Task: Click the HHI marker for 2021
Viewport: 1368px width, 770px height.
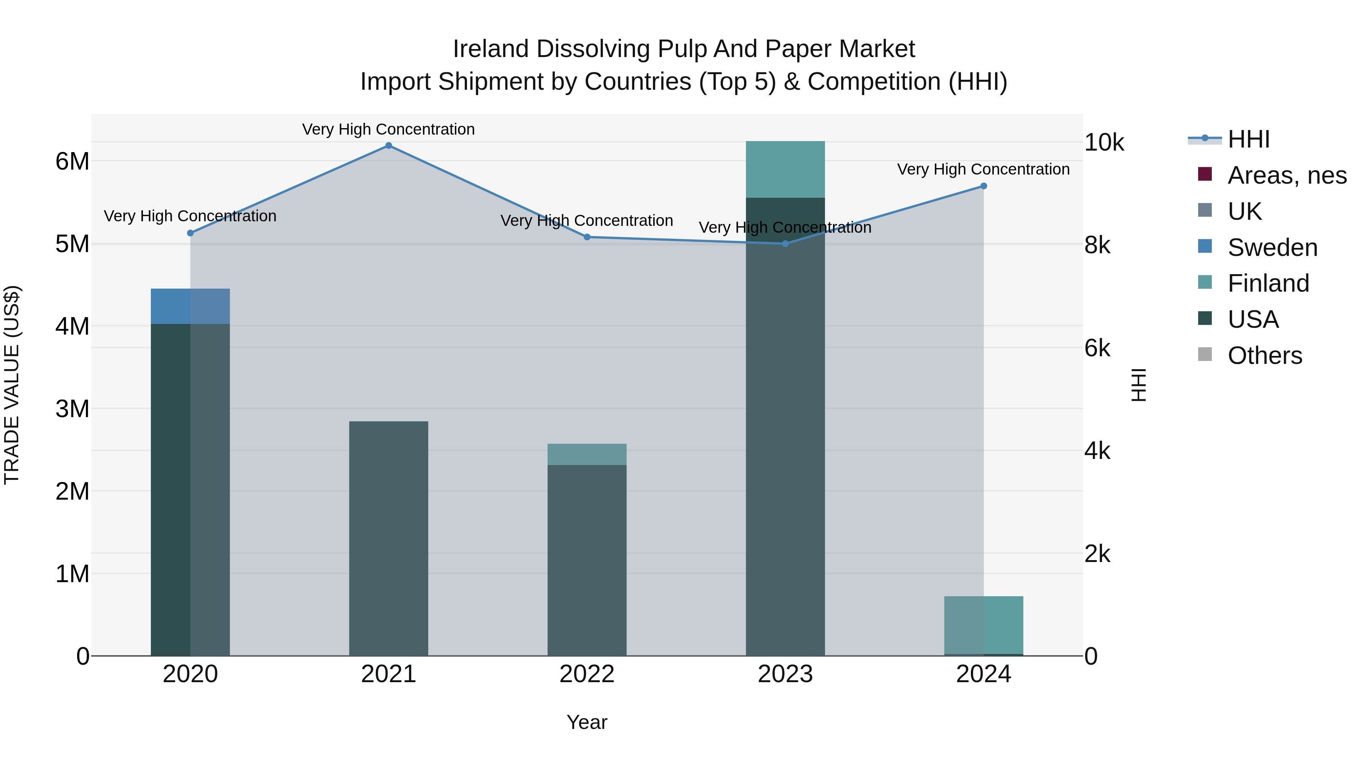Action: [x=389, y=146]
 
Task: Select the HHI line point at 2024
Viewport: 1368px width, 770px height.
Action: [x=983, y=186]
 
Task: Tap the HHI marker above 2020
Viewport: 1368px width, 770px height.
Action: [x=191, y=233]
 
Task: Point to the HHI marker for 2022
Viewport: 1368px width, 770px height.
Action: [x=587, y=237]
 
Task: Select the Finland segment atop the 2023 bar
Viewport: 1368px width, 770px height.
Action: [x=785, y=169]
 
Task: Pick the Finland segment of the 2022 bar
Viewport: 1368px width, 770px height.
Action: [x=587, y=454]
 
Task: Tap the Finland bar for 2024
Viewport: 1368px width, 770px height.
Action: [x=983, y=624]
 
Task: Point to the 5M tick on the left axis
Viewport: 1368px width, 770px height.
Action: [x=72, y=244]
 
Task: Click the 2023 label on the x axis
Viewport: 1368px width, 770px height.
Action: [x=785, y=674]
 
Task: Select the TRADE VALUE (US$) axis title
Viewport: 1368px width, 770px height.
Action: [x=12, y=385]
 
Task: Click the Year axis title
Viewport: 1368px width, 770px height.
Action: [x=587, y=722]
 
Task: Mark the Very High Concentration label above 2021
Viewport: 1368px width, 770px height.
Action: [x=389, y=129]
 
